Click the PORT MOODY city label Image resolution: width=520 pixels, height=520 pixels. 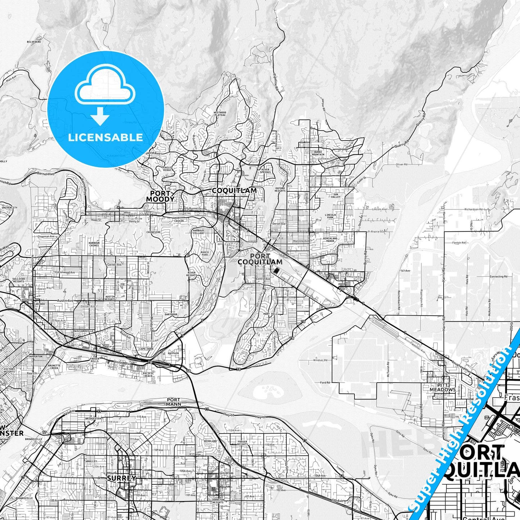click(x=160, y=196)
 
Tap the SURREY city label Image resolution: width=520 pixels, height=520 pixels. click(x=122, y=478)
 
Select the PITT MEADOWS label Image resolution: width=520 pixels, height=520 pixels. click(x=443, y=388)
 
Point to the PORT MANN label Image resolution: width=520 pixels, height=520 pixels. click(x=173, y=402)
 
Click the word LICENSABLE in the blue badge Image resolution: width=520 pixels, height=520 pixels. click(x=105, y=137)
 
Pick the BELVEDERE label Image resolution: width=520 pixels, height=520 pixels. click(x=34, y=42)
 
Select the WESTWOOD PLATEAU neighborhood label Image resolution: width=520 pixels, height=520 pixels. click(x=220, y=114)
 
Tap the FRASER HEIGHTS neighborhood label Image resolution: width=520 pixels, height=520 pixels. click(x=243, y=443)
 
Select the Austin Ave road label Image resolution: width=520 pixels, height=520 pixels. click(x=65, y=300)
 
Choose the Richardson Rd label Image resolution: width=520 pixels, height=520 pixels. click(x=473, y=209)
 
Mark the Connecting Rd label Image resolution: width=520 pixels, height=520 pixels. click(x=498, y=277)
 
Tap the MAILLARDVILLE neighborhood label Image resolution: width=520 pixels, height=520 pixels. click(x=83, y=331)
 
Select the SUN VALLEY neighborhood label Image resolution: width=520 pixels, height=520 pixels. click(x=336, y=196)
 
